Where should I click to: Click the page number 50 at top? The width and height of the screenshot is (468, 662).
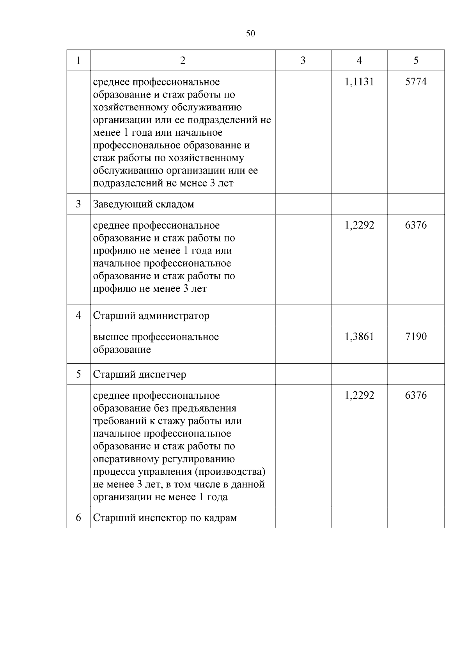click(x=251, y=34)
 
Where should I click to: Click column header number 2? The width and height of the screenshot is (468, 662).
click(x=183, y=60)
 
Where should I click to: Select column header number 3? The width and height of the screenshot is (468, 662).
click(x=303, y=60)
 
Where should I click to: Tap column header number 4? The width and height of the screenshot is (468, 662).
click(x=359, y=60)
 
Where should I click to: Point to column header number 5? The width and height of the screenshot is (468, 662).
click(x=416, y=60)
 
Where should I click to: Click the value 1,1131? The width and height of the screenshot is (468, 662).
click(x=359, y=82)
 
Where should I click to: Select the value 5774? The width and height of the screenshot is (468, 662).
click(x=416, y=82)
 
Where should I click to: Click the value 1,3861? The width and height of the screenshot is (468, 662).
click(x=359, y=336)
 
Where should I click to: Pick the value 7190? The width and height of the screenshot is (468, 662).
click(x=416, y=336)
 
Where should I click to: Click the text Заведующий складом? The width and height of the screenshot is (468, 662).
click(x=143, y=204)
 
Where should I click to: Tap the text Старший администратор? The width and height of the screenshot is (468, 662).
click(x=151, y=316)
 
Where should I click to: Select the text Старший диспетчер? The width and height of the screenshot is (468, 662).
click(x=139, y=374)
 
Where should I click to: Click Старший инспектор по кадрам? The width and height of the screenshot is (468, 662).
click(x=165, y=518)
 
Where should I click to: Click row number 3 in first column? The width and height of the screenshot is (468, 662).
click(x=78, y=204)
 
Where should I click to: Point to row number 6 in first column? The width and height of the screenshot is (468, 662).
click(x=78, y=518)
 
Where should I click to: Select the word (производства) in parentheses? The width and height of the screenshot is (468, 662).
click(x=230, y=472)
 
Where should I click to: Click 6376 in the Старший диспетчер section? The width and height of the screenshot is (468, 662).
click(x=416, y=395)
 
